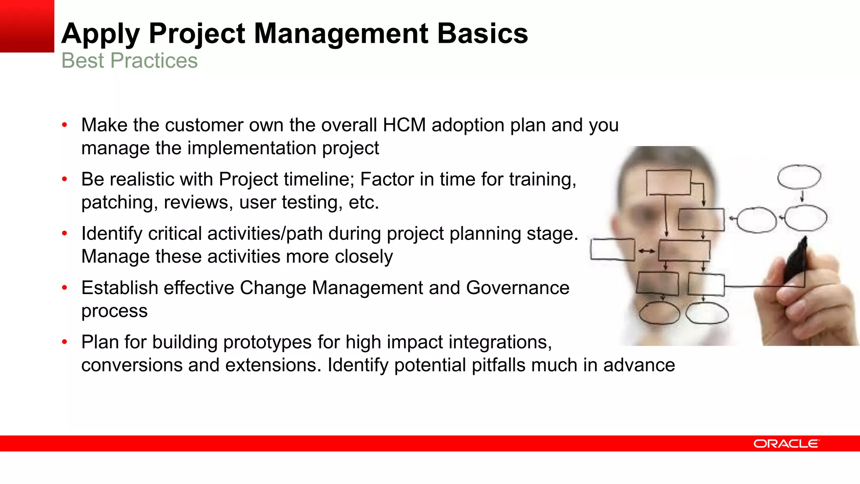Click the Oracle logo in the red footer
pos(786,444)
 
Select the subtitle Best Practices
pos(129,60)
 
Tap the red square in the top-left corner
pos(27,26)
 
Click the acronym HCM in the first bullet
pos(404,125)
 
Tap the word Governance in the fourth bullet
pos(517,288)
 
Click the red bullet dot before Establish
pos(65,288)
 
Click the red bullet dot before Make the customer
pos(65,125)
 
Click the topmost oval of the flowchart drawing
pos(799,177)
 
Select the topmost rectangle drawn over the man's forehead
pos(669,182)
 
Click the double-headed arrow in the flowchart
pos(647,251)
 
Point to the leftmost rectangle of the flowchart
pos(612,250)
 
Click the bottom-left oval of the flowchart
pos(659,313)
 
